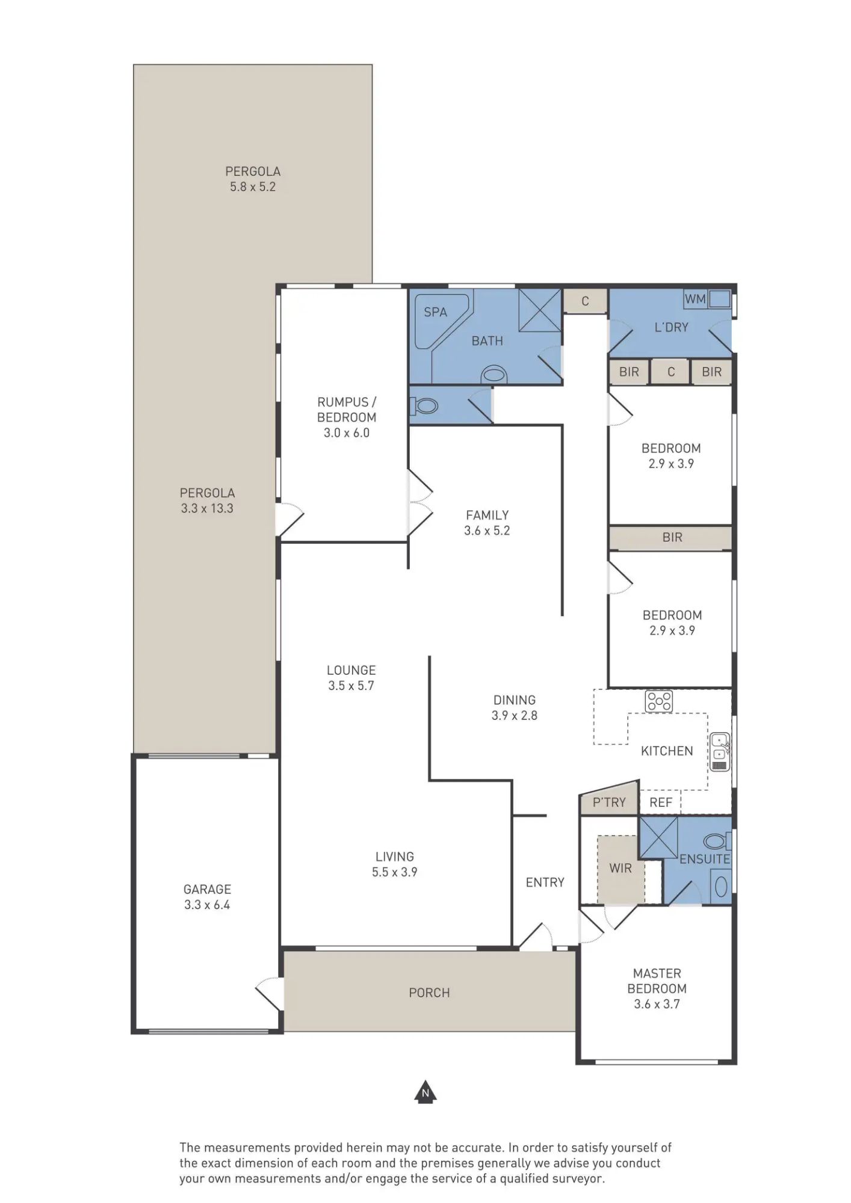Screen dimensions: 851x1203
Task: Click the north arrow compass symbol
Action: click(x=425, y=1092)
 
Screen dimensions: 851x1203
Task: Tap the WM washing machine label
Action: click(x=695, y=299)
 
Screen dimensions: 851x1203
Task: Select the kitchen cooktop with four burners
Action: click(x=658, y=701)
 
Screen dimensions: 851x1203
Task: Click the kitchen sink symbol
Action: click(x=720, y=751)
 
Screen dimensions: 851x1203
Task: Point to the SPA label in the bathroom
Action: click(x=435, y=312)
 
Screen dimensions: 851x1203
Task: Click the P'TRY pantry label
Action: click(x=609, y=802)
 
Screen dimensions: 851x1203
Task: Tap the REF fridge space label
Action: click(x=660, y=802)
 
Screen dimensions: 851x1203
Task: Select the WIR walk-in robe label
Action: click(x=620, y=869)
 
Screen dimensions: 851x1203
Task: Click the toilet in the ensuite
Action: click(x=716, y=840)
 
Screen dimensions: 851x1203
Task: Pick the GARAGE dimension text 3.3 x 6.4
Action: click(x=207, y=905)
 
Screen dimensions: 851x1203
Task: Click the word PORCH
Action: click(x=429, y=993)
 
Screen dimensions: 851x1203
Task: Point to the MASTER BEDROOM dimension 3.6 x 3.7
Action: click(x=657, y=1004)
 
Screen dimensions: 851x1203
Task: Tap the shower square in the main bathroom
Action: click(x=540, y=310)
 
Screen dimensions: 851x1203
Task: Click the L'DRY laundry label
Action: click(x=671, y=327)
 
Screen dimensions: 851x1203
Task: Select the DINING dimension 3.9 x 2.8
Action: click(x=515, y=716)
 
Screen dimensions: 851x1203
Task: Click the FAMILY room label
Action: click(x=487, y=515)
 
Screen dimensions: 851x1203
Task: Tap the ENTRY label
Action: click(x=545, y=882)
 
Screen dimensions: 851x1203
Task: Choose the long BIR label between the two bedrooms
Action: click(x=672, y=538)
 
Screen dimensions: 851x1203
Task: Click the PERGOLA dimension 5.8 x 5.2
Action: click(x=253, y=187)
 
